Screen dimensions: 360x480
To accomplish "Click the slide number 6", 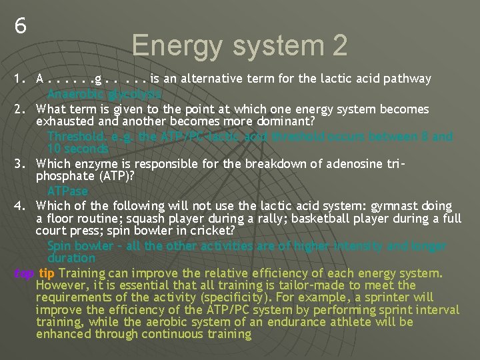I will (21, 26).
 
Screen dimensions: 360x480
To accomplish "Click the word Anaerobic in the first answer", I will (74, 94).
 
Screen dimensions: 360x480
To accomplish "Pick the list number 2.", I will (19, 109).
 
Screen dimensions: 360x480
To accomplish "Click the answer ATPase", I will (67, 191).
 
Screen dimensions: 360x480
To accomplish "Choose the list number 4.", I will (19, 207).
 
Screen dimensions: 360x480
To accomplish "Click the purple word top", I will (24, 273).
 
